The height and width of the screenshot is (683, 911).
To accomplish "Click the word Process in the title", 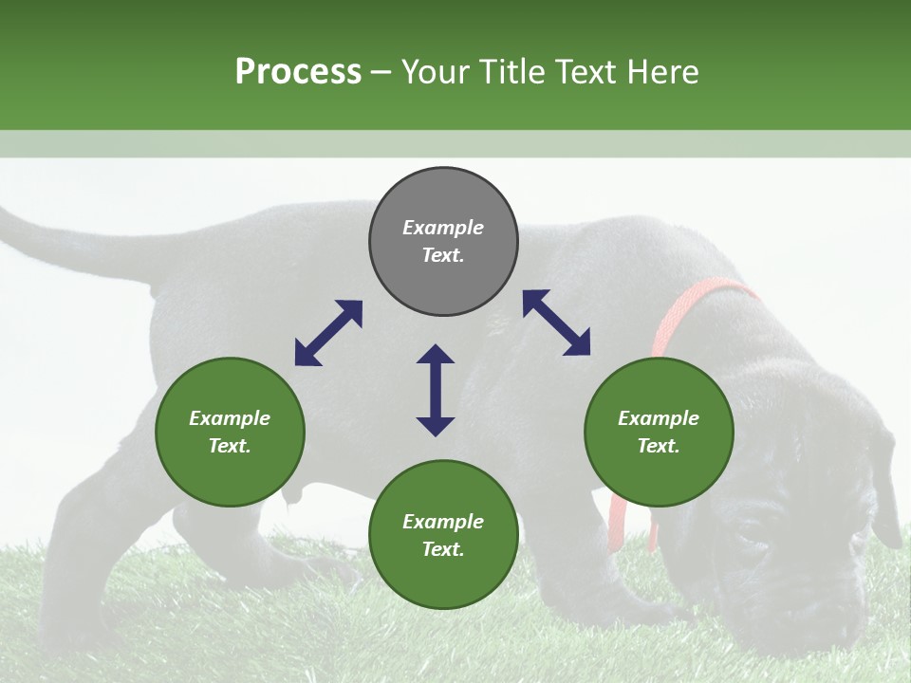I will pos(298,72).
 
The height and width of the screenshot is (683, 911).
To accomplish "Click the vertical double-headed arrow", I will pos(436,390).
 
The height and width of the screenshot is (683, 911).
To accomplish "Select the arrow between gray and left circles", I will pos(328,333).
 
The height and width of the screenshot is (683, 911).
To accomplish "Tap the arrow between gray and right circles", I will pos(556,323).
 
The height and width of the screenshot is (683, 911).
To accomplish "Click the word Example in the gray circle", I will pos(443,228).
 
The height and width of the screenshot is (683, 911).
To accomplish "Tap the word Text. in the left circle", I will pos(230,446).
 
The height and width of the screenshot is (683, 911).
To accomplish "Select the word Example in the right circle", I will pos(659,418).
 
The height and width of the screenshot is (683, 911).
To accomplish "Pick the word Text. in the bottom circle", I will pos(443,549).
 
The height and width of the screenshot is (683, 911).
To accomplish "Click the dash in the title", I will pos(381,72).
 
